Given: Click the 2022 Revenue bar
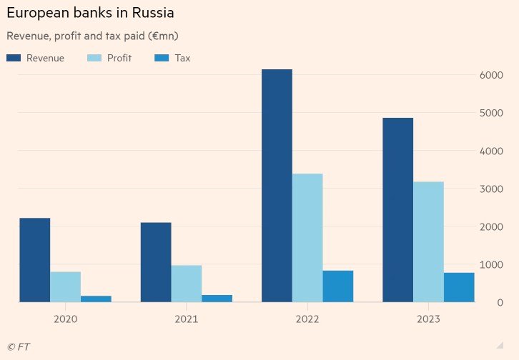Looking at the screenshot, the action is click(x=277, y=186).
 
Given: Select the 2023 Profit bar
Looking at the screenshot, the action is click(x=428, y=241).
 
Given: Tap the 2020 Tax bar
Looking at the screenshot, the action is click(x=96, y=299).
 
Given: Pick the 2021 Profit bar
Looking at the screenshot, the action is click(x=187, y=284).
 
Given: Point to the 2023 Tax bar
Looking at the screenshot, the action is click(x=459, y=287).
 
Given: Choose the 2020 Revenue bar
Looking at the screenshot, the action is click(x=35, y=260).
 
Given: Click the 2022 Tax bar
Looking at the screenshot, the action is click(x=338, y=286).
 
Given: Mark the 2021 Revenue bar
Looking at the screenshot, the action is click(x=156, y=262).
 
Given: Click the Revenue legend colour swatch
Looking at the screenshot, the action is click(x=14, y=58).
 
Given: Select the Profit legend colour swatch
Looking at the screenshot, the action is click(x=94, y=58).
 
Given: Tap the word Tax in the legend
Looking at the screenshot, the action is click(x=182, y=58).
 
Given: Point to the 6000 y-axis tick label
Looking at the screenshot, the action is click(x=491, y=75).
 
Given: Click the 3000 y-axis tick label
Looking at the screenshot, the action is click(x=491, y=189).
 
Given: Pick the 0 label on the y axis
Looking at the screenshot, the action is click(x=500, y=302).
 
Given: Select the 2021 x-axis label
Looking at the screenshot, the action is click(x=187, y=319).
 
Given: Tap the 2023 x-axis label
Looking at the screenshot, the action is click(x=428, y=319).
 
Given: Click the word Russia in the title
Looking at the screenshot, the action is click(x=153, y=13).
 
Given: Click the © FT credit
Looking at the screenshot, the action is click(x=19, y=346).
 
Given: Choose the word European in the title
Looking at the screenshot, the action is click(x=38, y=14).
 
